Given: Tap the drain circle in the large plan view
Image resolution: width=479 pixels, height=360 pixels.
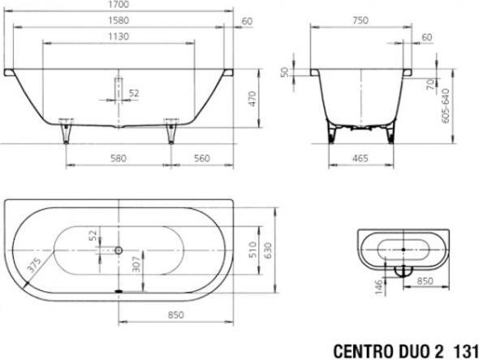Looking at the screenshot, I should coord(119,251).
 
